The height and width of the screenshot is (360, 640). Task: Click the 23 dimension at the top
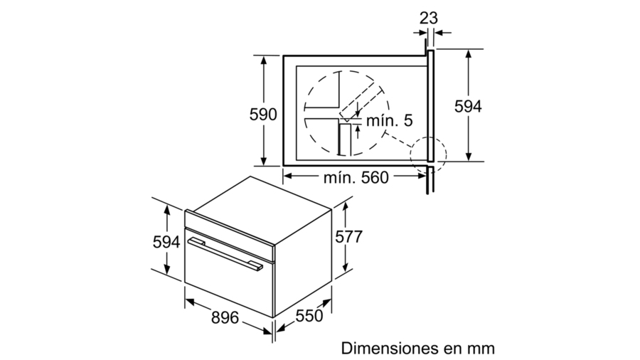pos(429,18)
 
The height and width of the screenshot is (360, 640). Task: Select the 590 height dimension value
pos(263,115)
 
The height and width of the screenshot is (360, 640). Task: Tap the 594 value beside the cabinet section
pos(468,106)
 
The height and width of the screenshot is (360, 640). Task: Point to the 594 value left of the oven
pos(166,242)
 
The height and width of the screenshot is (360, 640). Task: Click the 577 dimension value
pos(348,237)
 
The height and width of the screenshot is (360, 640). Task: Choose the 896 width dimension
pos(225,317)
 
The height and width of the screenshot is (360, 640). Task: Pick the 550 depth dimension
pos(309,315)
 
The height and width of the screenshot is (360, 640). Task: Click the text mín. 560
pos(356,178)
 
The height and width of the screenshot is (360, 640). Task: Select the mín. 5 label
pos(390,120)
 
